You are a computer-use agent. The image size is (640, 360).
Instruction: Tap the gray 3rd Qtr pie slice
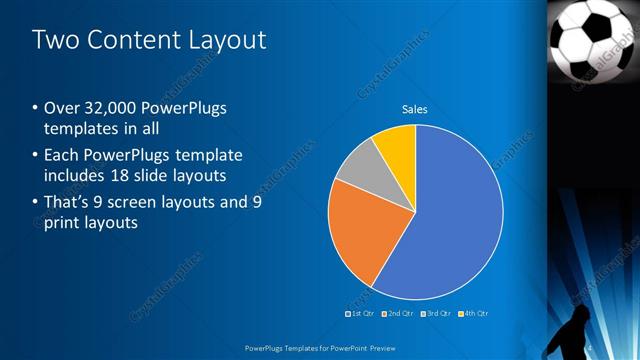(356, 166)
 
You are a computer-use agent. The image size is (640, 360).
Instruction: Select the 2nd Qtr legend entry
(401, 314)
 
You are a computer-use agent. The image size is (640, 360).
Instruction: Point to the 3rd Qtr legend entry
(438, 314)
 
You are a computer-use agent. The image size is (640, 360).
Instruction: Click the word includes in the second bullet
(79, 175)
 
